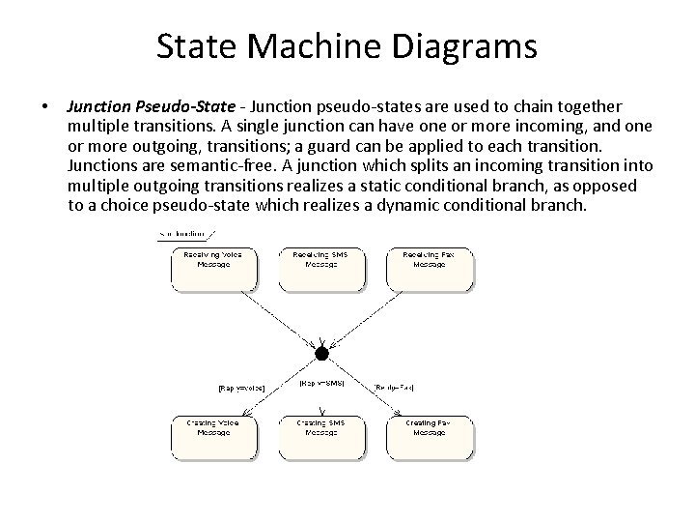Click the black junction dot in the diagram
point(321,354)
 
